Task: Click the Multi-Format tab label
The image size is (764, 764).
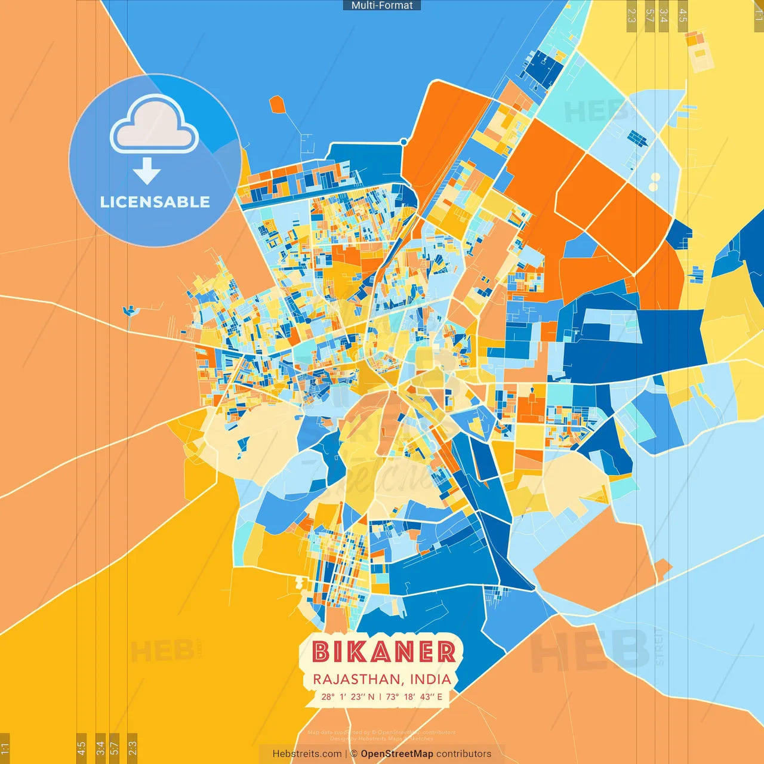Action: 382,5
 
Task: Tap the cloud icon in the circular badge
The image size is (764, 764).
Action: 155,124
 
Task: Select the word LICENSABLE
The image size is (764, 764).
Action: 155,202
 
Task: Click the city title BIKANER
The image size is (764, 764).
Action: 384,652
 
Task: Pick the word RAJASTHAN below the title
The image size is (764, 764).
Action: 356,679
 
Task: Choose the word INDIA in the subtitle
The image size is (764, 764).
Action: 430,679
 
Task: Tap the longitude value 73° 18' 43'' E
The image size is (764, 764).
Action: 414,697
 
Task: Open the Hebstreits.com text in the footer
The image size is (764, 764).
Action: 307,754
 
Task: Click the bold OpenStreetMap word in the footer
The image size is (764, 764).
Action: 397,754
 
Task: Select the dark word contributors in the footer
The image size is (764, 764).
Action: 464,754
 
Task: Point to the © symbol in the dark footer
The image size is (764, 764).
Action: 354,754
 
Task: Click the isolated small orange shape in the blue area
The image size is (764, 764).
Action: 277,104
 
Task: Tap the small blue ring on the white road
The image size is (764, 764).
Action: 403,142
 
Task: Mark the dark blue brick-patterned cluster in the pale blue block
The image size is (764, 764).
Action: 637,138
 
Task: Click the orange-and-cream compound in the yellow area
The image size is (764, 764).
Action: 699,51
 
